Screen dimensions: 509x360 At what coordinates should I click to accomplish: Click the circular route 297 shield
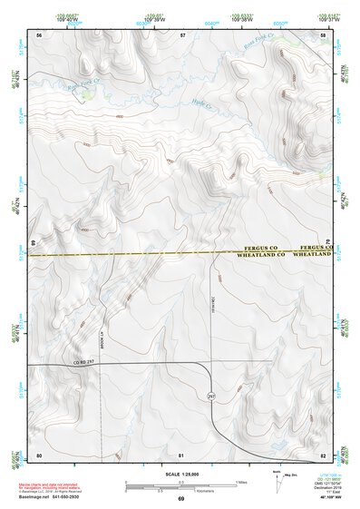(211, 396)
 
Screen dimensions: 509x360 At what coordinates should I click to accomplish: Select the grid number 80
(39, 454)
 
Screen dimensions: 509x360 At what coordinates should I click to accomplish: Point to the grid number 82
(323, 454)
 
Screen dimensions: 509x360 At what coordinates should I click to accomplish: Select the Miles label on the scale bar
(239, 481)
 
